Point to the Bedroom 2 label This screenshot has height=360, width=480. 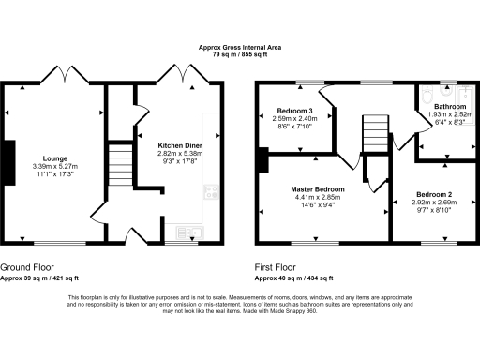pyautogui.click(x=436, y=194)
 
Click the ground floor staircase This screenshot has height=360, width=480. pyautogui.click(x=119, y=164)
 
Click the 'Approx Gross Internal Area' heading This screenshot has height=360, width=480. pyautogui.click(x=239, y=47)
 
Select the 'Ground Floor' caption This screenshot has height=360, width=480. pyautogui.click(x=26, y=266)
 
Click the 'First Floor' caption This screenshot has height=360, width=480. pyautogui.click(x=277, y=266)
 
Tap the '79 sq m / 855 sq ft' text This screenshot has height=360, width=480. pyautogui.click(x=239, y=54)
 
